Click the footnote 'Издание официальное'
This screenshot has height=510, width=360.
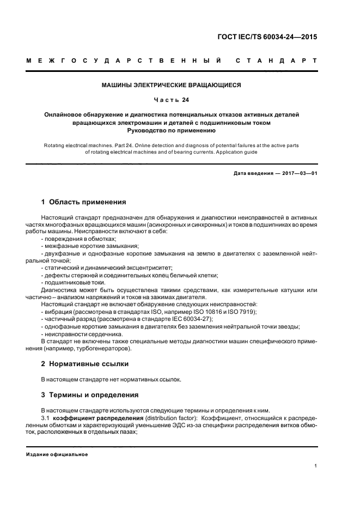(x=58, y=454)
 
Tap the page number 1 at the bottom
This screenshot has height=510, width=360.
(x=316, y=466)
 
